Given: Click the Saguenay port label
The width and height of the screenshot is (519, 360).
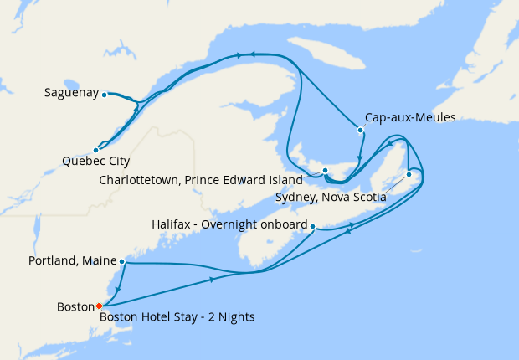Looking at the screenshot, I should coord(72,93).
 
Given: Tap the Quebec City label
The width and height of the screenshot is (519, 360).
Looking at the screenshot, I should coord(95,161).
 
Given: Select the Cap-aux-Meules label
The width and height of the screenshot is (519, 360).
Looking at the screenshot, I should coord(410,118).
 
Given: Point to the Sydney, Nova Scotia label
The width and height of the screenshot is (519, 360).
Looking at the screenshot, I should coord(330,197).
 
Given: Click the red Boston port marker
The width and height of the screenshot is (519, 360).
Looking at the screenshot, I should coord(99,306).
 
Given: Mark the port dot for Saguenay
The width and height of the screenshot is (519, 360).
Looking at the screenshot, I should coord(105,95).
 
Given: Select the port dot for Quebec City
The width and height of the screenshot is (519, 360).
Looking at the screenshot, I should coord(95,150).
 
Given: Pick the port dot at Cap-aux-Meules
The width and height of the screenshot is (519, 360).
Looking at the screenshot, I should coord(360,130).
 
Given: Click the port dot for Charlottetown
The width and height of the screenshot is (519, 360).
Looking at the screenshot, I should coord(325,171).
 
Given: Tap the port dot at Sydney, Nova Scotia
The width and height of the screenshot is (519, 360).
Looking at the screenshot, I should coord(409,174).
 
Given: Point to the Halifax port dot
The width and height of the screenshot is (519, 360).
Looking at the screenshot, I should coord(312,226).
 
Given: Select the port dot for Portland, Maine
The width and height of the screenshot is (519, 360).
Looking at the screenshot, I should coord(122,262).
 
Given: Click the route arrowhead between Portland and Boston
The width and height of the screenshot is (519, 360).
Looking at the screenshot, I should coord(116,289).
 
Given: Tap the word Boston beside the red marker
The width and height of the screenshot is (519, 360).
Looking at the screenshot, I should coord(75,306).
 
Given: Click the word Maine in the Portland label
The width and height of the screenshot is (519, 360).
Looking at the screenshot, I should coord(98,261).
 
